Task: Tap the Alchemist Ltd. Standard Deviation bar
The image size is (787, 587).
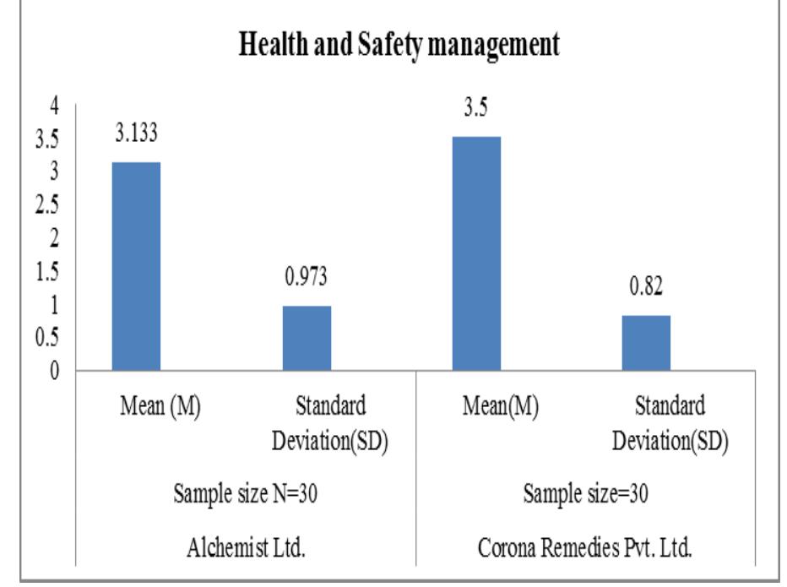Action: point(306,338)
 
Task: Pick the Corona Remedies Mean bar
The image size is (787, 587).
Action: point(476,253)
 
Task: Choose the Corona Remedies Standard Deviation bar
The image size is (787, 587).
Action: point(646,343)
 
